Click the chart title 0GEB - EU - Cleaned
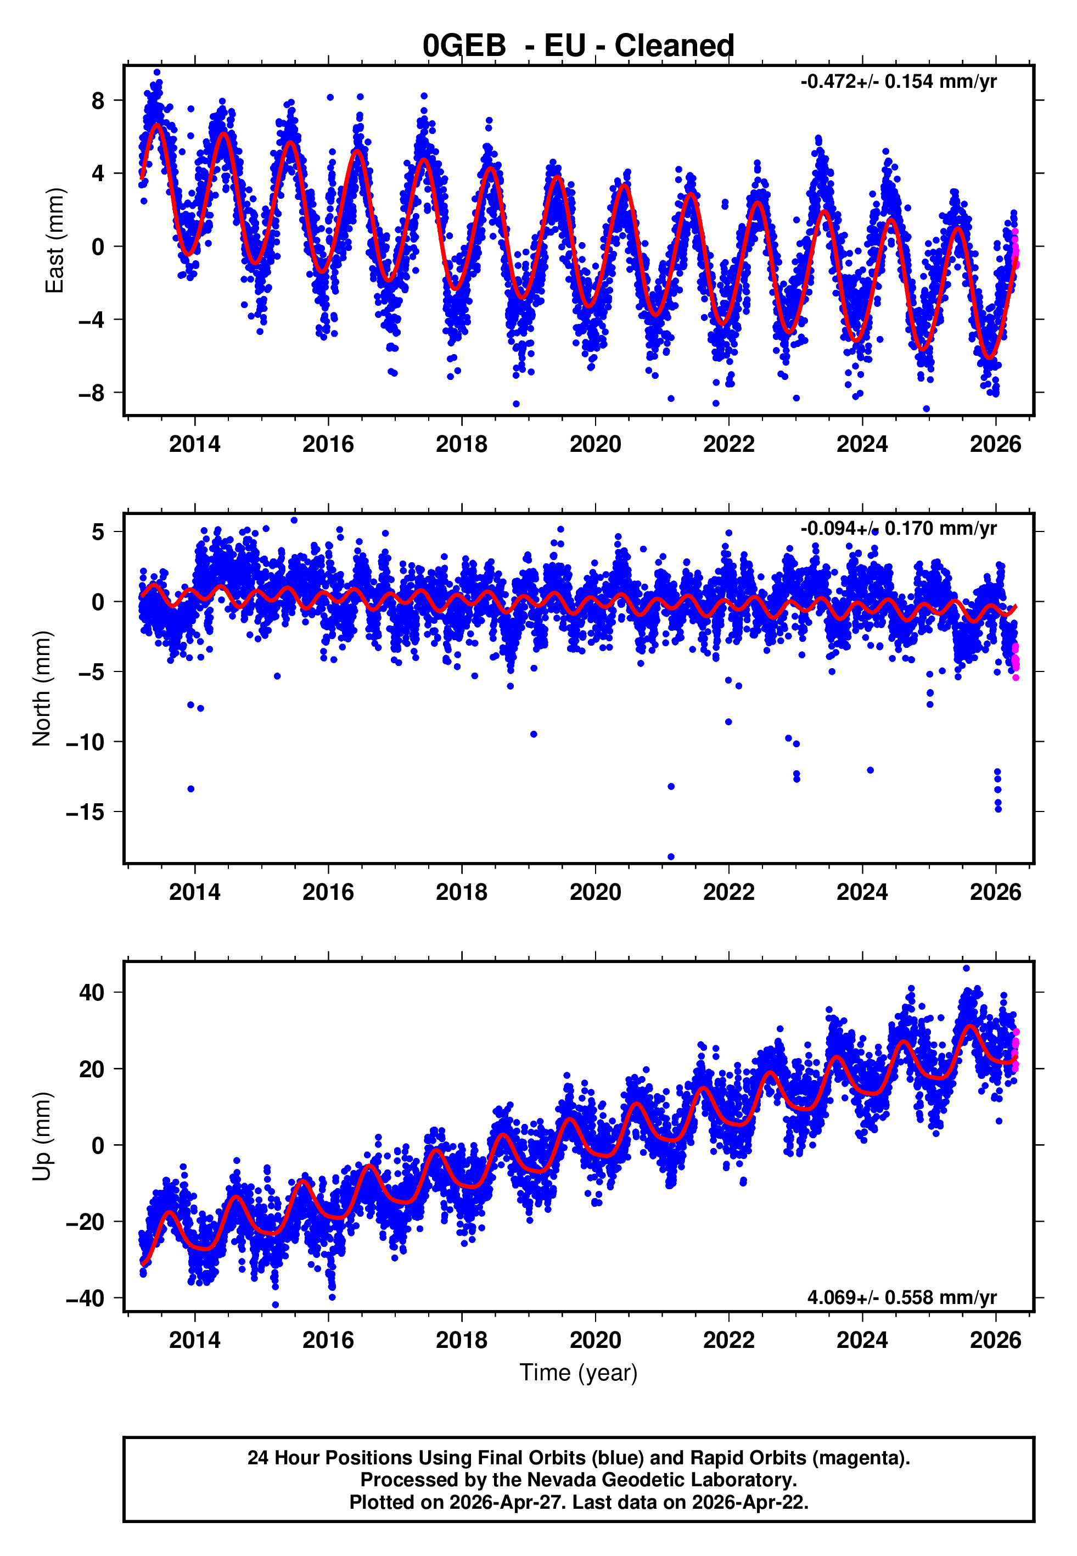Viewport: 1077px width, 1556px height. coord(579,46)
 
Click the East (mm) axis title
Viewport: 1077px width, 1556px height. coord(54,240)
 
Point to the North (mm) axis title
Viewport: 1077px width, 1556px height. coord(41,689)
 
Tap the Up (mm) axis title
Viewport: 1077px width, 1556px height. coord(41,1137)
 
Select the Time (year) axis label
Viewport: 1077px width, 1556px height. coord(579,1373)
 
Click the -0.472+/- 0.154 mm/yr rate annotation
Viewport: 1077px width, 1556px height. coord(898,82)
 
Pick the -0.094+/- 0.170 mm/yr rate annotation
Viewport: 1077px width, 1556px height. coord(898,528)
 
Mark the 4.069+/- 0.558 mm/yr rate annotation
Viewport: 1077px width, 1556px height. coord(901,1297)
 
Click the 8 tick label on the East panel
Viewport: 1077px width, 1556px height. coord(98,100)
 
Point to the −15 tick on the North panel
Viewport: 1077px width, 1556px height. coord(85,811)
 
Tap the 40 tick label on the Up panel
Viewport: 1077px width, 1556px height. coord(92,992)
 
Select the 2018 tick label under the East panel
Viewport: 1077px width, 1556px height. coord(462,444)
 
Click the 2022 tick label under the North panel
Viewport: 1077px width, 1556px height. coord(729,892)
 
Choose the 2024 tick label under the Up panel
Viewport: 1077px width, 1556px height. coord(862,1340)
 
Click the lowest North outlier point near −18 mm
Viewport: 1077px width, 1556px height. coord(671,857)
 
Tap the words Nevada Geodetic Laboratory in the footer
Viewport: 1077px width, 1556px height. coord(661,1480)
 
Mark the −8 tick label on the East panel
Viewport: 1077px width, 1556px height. coord(92,393)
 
